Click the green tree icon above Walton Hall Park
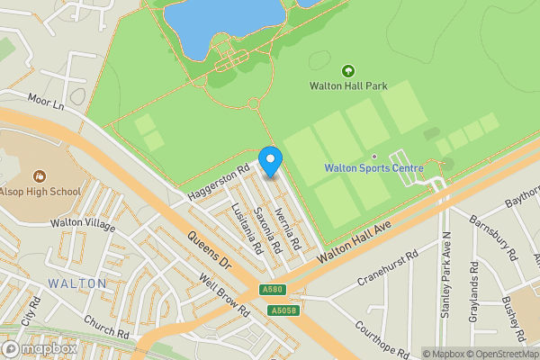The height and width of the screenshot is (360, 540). pyautogui.click(x=348, y=71)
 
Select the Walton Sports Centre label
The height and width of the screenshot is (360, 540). pyautogui.click(x=373, y=168)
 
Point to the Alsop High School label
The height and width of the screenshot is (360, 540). pyautogui.click(x=40, y=192)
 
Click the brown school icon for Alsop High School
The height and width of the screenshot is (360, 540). pyautogui.click(x=39, y=176)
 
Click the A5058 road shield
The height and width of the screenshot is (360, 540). pyautogui.click(x=283, y=310)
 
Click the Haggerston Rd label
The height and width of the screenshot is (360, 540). pyautogui.click(x=218, y=182)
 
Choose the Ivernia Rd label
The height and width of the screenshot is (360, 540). pyautogui.click(x=288, y=228)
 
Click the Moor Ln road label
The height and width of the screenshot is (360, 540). pyautogui.click(x=47, y=103)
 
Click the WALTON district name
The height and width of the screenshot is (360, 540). pyautogui.click(x=77, y=283)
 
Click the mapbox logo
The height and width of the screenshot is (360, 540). pyautogui.click(x=40, y=348)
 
